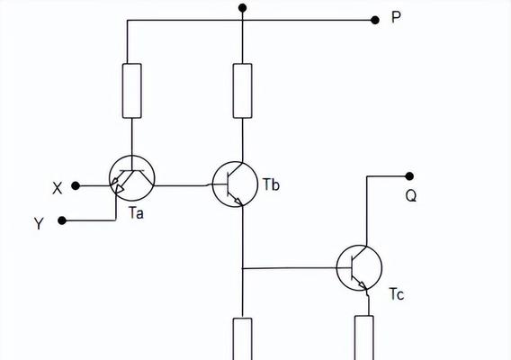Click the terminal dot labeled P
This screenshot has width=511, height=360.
[375, 20]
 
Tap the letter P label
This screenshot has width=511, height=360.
[396, 17]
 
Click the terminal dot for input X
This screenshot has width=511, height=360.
[76, 186]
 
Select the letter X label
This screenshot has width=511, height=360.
[58, 188]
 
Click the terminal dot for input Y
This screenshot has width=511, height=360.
[62, 220]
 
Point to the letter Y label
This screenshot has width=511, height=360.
[39, 224]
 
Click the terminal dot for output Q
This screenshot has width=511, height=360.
[409, 176]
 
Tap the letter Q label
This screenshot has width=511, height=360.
[411, 196]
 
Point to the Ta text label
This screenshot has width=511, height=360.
[136, 213]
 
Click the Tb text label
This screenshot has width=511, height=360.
[271, 184]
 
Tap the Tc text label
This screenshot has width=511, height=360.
[397, 294]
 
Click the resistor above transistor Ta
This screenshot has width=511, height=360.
[132, 91]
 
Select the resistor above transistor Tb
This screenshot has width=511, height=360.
[243, 91]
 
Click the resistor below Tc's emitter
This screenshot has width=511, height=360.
[364, 337]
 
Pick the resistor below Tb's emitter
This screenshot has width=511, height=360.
[243, 338]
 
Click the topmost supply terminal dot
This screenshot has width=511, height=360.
[243, 8]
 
